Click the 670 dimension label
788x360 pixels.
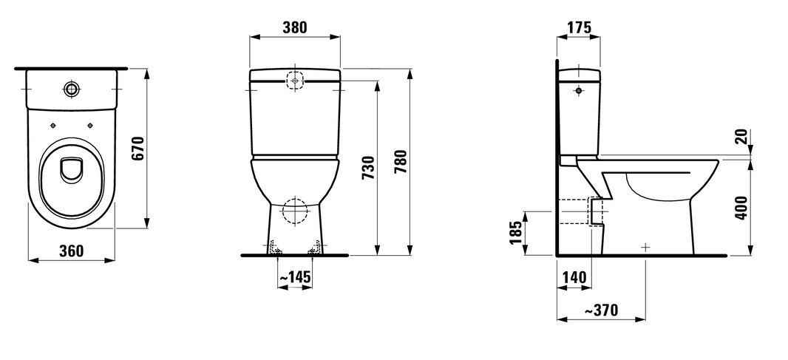[138, 149]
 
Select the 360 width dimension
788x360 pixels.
[72, 251]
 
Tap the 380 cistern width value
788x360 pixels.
[294, 27]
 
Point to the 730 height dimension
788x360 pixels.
[368, 168]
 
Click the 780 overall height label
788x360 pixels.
[401, 161]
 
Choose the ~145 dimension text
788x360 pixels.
[295, 277]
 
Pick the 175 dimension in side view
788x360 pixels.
[579, 27]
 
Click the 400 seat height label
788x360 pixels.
[741, 207]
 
